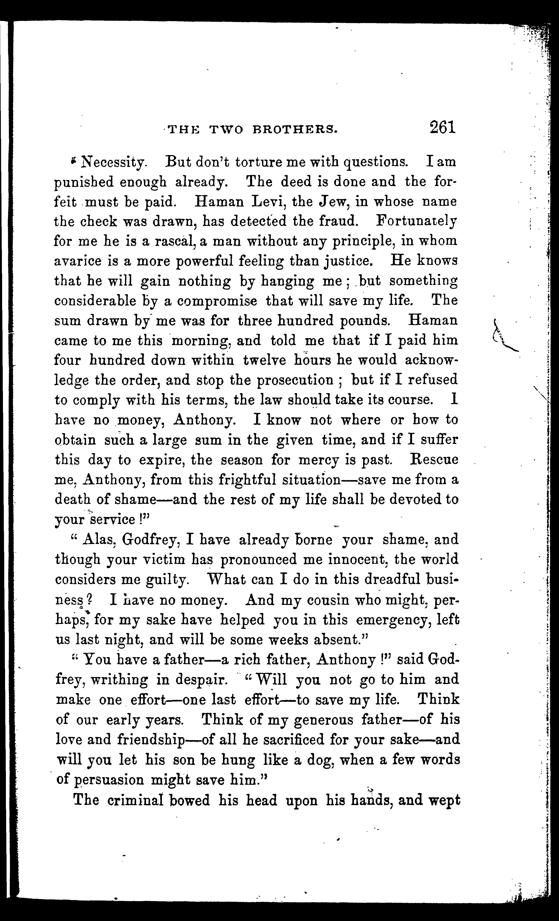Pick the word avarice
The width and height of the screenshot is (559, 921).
78,261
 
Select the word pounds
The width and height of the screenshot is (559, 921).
369,321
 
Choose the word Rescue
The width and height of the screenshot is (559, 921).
434,459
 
